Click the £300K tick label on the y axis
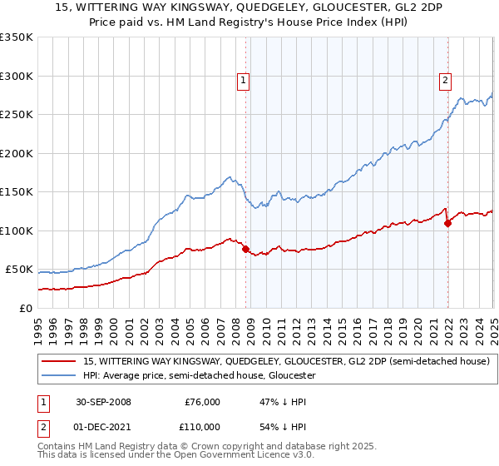pos(17,76)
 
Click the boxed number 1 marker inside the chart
pos(244,81)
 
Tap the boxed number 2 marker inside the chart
pos(446,81)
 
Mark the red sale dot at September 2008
pos(246,249)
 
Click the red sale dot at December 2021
pos(447,223)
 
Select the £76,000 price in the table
pos(202,402)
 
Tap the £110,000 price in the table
pos(200,427)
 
